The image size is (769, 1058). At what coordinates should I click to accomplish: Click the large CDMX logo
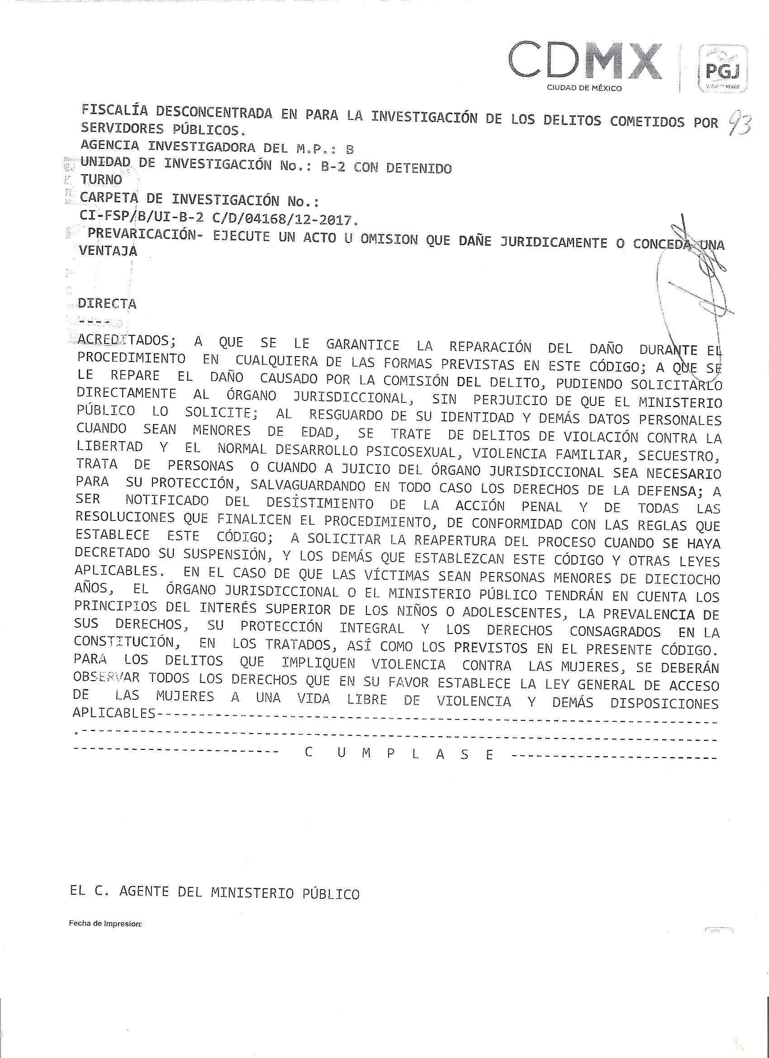585,61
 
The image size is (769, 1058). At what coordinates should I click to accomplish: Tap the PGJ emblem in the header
723,70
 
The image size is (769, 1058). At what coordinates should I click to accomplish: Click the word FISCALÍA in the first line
114,110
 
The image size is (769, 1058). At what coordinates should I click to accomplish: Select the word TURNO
101,180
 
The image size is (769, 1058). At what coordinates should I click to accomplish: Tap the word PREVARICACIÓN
142,233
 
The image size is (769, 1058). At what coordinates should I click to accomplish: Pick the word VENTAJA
108,251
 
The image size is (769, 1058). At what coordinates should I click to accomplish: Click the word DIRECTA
107,304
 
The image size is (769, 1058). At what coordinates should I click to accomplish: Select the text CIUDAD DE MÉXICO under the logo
584,88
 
